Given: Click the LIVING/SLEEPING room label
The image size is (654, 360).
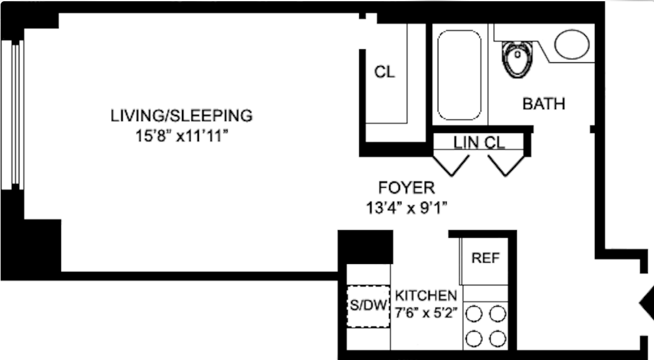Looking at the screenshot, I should pyautogui.click(x=181, y=115).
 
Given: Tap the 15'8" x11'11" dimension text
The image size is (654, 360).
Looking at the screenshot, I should pyautogui.click(x=181, y=136).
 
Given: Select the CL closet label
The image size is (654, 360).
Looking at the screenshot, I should pyautogui.click(x=384, y=72).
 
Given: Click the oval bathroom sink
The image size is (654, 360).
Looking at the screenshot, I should pyautogui.click(x=572, y=45).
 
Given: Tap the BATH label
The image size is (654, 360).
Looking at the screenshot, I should pyautogui.click(x=544, y=104).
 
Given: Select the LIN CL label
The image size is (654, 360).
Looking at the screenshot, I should pyautogui.click(x=479, y=143).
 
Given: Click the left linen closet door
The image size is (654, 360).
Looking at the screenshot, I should pyautogui.click(x=451, y=163).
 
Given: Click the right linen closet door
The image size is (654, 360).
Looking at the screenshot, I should pyautogui.click(x=506, y=163).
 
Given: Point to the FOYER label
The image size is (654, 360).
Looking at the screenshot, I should pyautogui.click(x=406, y=187).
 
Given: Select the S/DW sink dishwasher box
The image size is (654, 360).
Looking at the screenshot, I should pyautogui.click(x=367, y=306).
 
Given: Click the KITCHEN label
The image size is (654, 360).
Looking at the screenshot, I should pyautogui.click(x=427, y=294).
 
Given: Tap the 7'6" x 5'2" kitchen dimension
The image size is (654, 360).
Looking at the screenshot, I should pyautogui.click(x=427, y=312).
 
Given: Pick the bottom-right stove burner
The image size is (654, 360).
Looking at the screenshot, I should pyautogui.click(x=498, y=338).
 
